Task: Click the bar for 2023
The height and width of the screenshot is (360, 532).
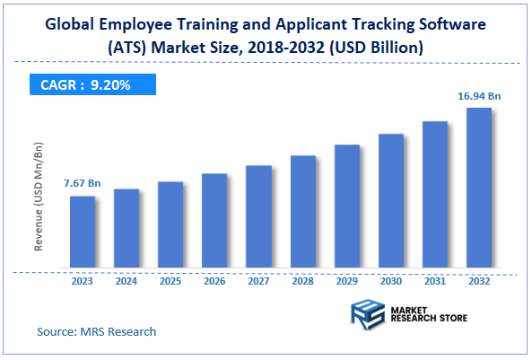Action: point(83,233)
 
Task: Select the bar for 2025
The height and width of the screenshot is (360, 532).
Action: point(170,225)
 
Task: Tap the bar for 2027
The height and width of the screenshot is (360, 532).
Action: point(258,217)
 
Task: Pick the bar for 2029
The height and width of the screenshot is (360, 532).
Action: point(347,206)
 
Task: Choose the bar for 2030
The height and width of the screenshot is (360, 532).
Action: point(391,201)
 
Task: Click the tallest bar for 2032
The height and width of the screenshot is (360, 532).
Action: point(479,189)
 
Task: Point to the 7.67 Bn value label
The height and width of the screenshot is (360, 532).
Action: point(82,183)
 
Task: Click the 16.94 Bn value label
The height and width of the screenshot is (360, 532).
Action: point(480,93)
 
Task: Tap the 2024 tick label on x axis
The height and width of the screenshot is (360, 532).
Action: point(126,281)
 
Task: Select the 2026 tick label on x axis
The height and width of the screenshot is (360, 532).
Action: point(214,281)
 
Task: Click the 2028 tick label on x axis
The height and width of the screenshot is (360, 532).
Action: point(302,281)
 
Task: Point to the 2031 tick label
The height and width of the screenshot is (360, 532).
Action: point(435,281)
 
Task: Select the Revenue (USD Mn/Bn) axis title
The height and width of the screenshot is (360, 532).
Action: point(39,196)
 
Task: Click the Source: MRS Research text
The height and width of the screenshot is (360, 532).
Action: point(96,331)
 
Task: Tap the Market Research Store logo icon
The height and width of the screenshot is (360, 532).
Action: point(366,314)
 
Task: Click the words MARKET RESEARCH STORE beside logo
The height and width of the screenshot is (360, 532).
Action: point(429,314)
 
